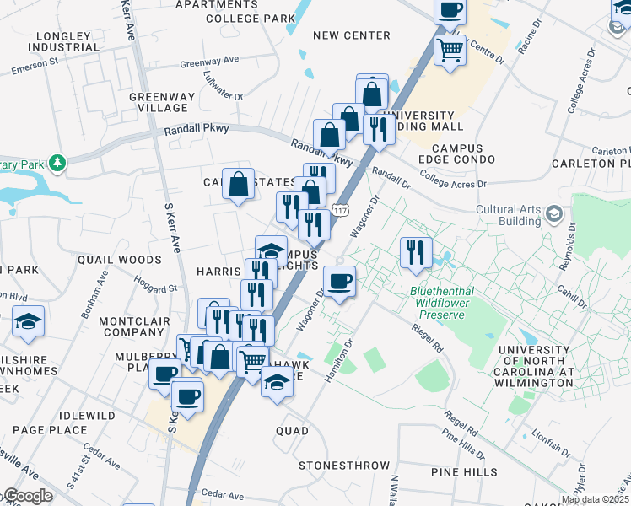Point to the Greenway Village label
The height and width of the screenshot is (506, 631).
(159, 102)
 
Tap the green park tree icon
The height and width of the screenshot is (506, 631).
(57, 162)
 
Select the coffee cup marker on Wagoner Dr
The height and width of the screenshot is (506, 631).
(339, 281)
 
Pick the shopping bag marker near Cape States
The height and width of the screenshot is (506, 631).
(239, 183)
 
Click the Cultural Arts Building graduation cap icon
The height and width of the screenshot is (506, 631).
(553, 214)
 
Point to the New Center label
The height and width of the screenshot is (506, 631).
(351, 35)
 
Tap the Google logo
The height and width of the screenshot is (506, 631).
(27, 496)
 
